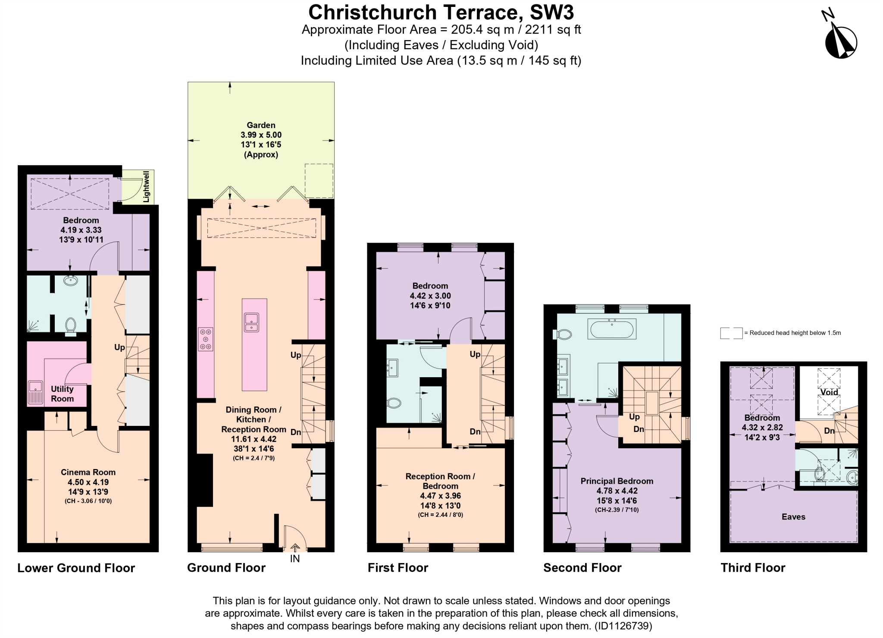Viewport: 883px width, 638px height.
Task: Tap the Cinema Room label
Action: [x=88, y=472]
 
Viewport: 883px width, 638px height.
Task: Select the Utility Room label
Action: [x=62, y=394]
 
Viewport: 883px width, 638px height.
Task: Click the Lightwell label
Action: [x=147, y=187]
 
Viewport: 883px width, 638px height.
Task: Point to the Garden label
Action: [x=261, y=125]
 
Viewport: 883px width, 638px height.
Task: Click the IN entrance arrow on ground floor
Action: [x=295, y=548]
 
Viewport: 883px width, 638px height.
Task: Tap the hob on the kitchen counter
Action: [x=205, y=339]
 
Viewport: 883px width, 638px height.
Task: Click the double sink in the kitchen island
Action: [x=251, y=322]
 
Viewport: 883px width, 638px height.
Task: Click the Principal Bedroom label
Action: [x=617, y=481]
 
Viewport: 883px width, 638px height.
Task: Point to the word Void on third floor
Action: [x=829, y=392]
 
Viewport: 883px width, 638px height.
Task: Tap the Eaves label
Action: [x=793, y=517]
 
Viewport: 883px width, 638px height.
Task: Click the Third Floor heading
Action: [x=753, y=568]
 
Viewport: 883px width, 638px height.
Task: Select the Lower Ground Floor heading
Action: [x=76, y=568]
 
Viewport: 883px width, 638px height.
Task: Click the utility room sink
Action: [x=35, y=393]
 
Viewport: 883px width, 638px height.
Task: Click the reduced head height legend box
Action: [x=731, y=333]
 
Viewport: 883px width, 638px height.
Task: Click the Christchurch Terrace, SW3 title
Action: [x=441, y=12]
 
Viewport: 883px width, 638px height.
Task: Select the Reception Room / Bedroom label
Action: [x=440, y=481]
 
